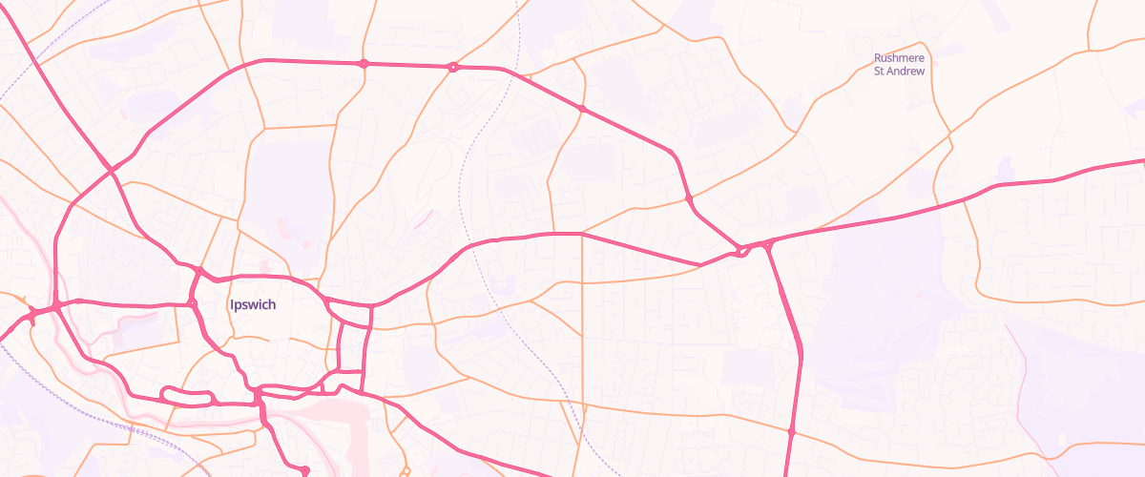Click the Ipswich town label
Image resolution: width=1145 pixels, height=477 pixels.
(x=253, y=305)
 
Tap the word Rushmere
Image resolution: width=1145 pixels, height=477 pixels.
(x=900, y=58)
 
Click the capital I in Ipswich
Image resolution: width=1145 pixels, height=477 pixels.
(x=232, y=305)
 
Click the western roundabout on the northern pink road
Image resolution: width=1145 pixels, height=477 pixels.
(x=363, y=64)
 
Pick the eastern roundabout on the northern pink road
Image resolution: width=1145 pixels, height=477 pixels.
(x=453, y=67)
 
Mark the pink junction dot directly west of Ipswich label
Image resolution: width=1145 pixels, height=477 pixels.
(x=192, y=303)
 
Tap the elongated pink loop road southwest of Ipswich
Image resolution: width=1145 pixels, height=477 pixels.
(x=188, y=395)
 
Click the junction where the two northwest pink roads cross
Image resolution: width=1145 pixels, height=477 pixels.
(x=112, y=171)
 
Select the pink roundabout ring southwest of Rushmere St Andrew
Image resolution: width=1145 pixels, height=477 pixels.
(x=740, y=252)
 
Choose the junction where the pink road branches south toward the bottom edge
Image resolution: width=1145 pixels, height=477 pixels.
(x=768, y=245)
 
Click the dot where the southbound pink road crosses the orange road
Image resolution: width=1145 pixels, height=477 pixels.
(x=791, y=432)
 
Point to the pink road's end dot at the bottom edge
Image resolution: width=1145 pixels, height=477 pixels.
(x=304, y=469)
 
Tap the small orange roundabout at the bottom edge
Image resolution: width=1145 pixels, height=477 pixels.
(x=406, y=470)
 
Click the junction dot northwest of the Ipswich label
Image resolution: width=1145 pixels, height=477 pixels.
(x=198, y=272)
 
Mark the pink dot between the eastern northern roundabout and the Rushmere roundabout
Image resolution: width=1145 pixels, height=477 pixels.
(x=582, y=109)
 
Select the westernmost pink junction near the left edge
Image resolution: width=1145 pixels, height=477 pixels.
(x=32, y=312)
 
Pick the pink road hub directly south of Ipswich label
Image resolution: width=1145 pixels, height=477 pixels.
(x=258, y=392)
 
